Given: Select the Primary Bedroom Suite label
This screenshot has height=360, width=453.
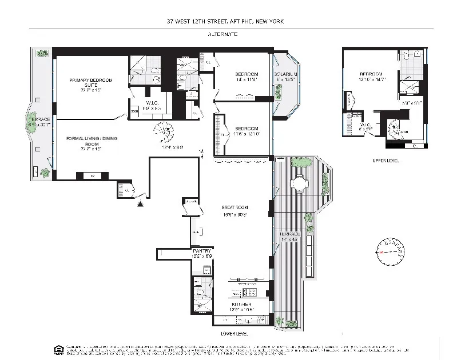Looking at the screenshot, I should (84, 83).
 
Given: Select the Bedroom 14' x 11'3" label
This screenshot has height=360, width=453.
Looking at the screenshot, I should (247, 77).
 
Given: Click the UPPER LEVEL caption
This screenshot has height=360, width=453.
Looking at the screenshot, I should (385, 161).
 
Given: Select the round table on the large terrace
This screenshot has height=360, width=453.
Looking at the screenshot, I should (300, 183).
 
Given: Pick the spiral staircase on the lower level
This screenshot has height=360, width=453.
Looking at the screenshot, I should (164, 133).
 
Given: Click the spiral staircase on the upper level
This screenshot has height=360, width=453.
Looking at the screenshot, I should (394, 127).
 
